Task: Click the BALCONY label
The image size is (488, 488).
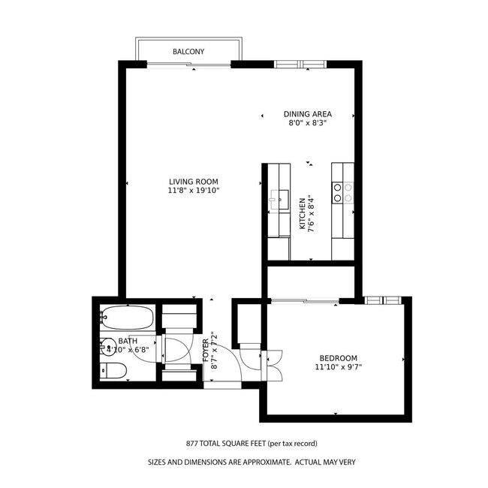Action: [x=188, y=52]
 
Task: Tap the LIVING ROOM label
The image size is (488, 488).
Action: [x=193, y=182]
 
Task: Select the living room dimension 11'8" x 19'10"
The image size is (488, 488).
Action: [x=193, y=191]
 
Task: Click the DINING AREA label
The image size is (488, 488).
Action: [x=308, y=114]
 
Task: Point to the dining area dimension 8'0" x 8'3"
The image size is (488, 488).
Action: [x=308, y=123]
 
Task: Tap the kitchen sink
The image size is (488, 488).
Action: [x=280, y=198]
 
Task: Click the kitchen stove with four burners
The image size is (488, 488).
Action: [x=344, y=193]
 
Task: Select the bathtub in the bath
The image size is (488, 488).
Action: [x=128, y=318]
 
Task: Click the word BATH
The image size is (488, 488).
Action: [x=128, y=340]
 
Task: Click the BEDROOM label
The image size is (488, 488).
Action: [x=338, y=358]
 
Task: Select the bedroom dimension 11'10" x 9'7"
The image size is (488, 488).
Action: [x=338, y=367]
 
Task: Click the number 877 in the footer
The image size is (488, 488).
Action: [x=193, y=444]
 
